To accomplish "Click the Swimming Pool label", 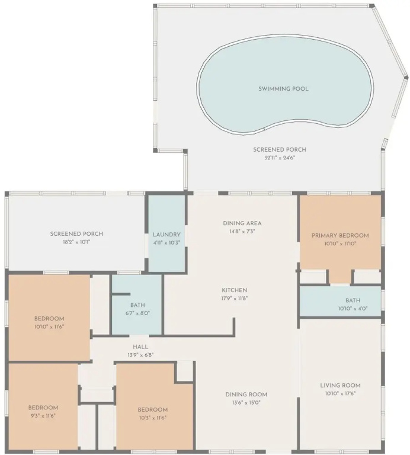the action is pos(283,89).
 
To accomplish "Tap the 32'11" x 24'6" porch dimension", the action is pos(280,158).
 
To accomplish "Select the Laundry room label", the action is pos(166,235).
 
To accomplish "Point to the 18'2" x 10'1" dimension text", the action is pos(76,242).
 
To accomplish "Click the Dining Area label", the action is pos(242,223).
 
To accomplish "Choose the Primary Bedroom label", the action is pos(340,235).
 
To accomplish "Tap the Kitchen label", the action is pos(235,290).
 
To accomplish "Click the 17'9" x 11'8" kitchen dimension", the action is pos(235,298).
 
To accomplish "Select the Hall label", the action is pos(140,347).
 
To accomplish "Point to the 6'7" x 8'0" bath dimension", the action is pos(137,313).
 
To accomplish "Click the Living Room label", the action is pos(340,385).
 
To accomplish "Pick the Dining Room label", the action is pos(246,395).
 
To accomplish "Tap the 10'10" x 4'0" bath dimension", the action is pos(353,309).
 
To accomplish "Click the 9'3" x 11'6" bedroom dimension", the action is pos(43,416).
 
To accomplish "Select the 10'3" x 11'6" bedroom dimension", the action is pos(152,418).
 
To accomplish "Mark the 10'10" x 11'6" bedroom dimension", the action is pos(49,327).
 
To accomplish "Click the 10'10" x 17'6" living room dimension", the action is pos(340,393).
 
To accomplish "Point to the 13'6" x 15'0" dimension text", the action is pos(246,402).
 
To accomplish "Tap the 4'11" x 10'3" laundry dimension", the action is pos(166,242).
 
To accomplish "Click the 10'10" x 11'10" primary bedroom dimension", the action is pos(340,243).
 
